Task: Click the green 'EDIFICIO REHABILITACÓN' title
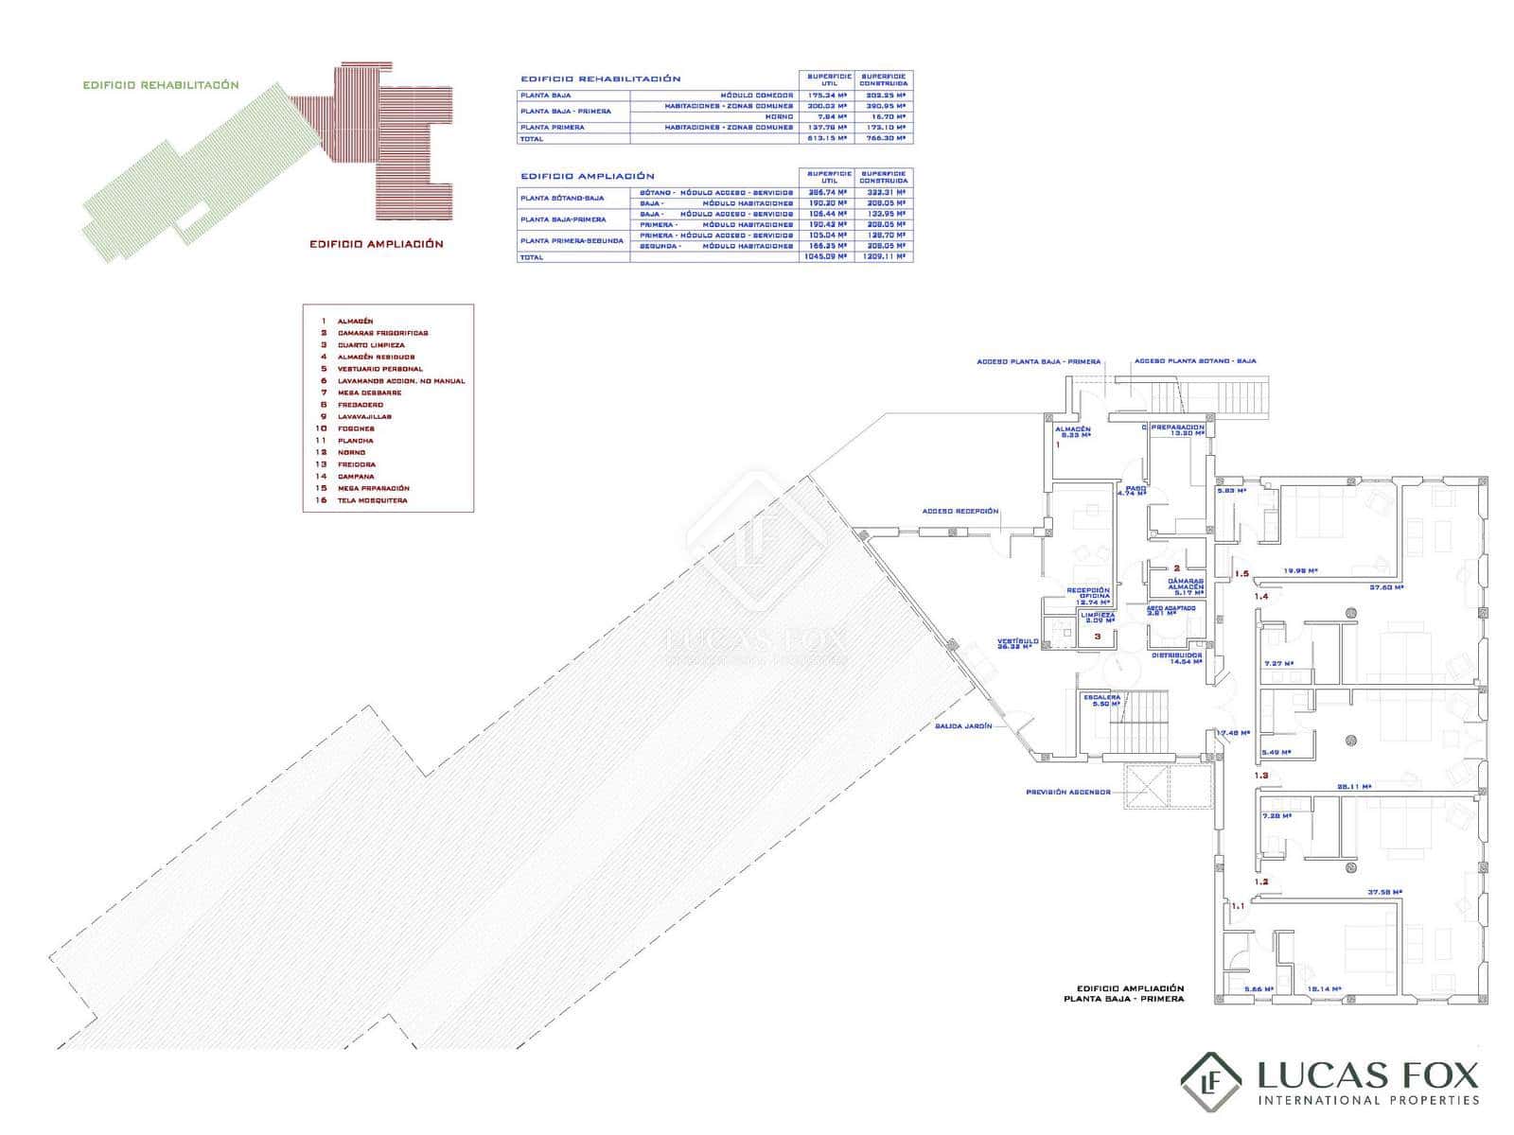(x=161, y=85)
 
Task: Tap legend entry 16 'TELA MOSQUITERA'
(x=372, y=500)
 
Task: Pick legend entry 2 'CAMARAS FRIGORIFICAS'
(x=382, y=333)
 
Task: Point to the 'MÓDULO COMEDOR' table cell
(x=757, y=96)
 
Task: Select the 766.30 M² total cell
(x=885, y=139)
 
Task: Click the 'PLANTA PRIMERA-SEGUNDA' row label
(x=572, y=240)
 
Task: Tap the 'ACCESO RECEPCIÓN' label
(x=960, y=512)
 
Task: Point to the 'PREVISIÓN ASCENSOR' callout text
(x=1068, y=792)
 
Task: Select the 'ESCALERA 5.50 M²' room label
(x=1101, y=701)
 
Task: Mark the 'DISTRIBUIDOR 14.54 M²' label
(x=1177, y=658)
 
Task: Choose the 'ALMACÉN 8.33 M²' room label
(x=1073, y=432)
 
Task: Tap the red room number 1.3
(x=1261, y=776)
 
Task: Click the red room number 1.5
(x=1241, y=574)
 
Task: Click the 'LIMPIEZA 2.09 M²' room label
(x=1099, y=618)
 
